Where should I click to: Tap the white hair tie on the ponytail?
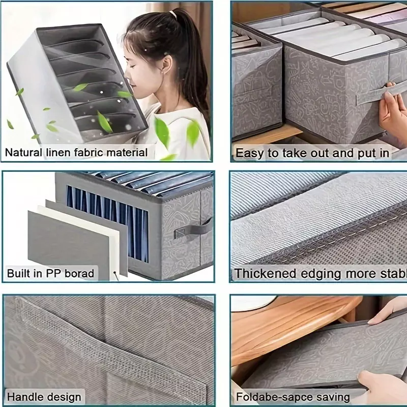pyautogui.click(x=173, y=14)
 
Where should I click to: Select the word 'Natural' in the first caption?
pyautogui.click(x=23, y=152)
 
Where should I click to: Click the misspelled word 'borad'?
pyautogui.click(x=79, y=273)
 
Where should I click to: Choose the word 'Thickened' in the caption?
pyautogui.click(x=265, y=274)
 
